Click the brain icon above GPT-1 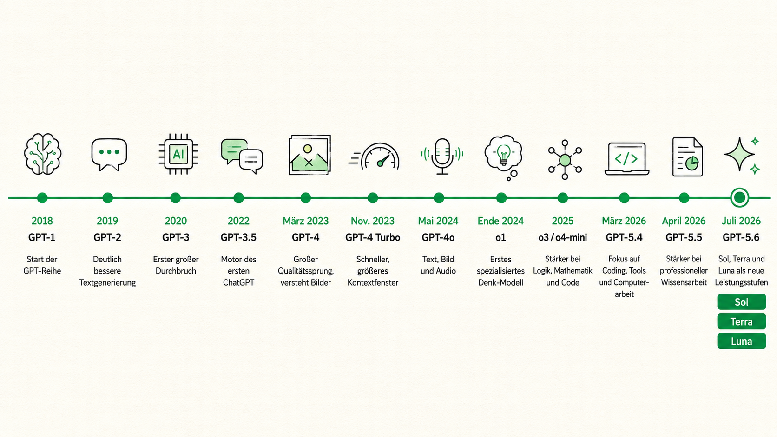43,154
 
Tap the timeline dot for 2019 107,198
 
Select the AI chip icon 178,154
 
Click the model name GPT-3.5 238,237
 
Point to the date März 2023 306,221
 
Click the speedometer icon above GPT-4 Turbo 374,157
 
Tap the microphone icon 442,157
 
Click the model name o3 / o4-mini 563,237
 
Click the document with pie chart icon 687,157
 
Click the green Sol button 742,302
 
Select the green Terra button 742,322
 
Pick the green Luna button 742,341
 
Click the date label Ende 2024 500,221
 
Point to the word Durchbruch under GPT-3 176,271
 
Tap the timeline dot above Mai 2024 439,198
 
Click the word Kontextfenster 373,282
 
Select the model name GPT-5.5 684,237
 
